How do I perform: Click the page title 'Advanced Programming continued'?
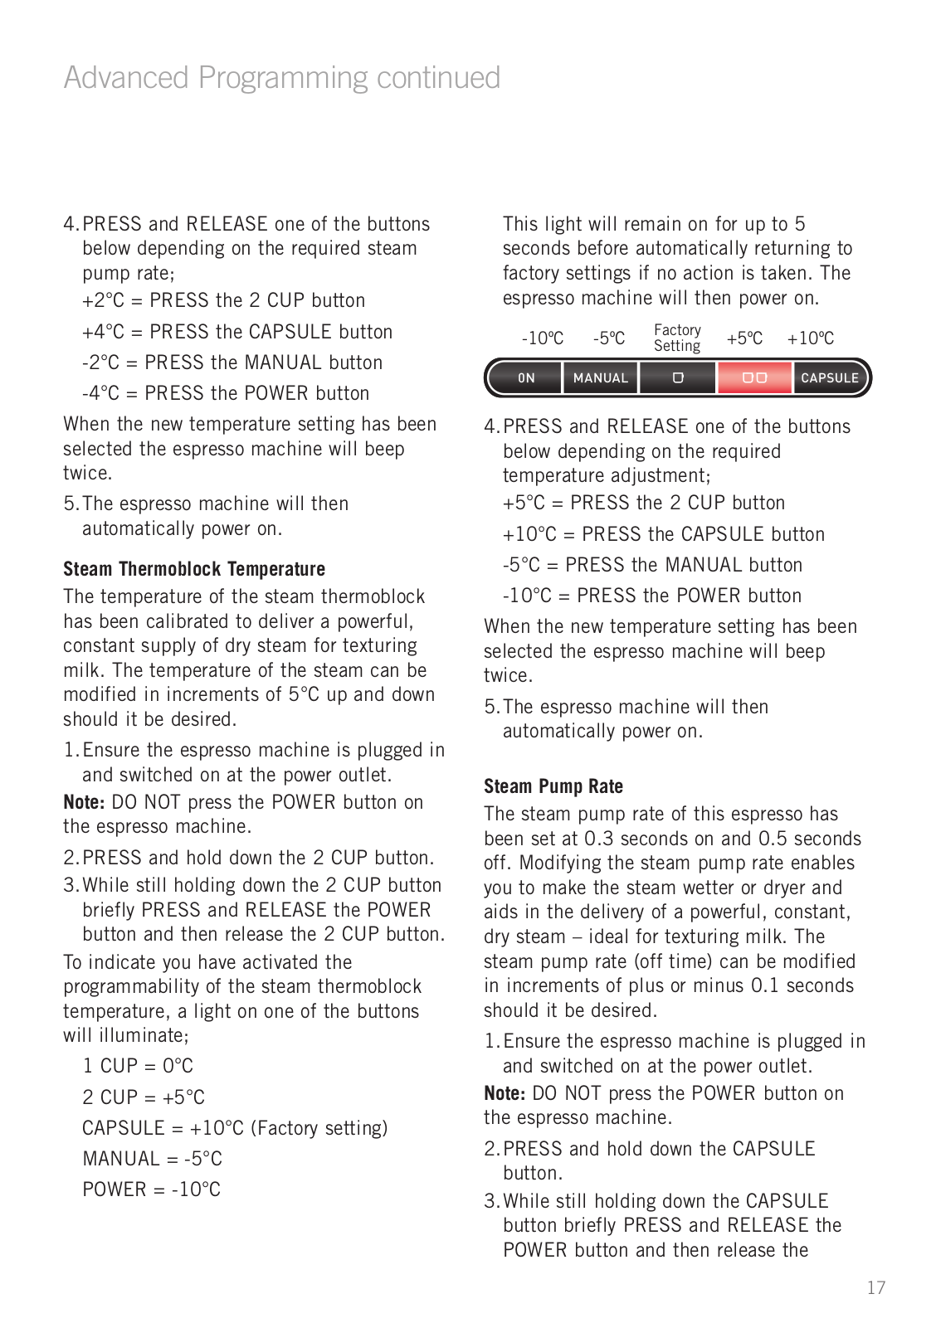pos(281,78)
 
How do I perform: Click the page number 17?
pos(876,1288)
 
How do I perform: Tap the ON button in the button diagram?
pos(526,378)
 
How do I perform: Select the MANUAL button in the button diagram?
pos(601,378)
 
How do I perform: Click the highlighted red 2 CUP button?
pos(754,378)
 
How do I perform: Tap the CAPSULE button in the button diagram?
pos(829,378)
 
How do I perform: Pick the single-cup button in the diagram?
pos(677,378)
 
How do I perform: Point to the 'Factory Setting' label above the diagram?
pos(677,338)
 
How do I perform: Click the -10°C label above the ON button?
pos(542,338)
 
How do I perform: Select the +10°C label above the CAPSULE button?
pos(811,338)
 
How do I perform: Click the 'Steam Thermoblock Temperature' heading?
pos(194,569)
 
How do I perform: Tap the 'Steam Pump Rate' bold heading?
pos(553,786)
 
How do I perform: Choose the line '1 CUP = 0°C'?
pos(138,1066)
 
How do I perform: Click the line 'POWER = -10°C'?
pos(152,1189)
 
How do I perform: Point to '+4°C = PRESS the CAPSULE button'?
pos(237,332)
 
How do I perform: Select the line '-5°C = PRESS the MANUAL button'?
pos(652,565)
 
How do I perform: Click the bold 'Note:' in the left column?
pos(84,802)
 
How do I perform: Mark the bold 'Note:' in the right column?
pos(505,1093)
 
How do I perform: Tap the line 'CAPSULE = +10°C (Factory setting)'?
pos(235,1128)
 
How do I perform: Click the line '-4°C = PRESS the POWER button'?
pos(226,393)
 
